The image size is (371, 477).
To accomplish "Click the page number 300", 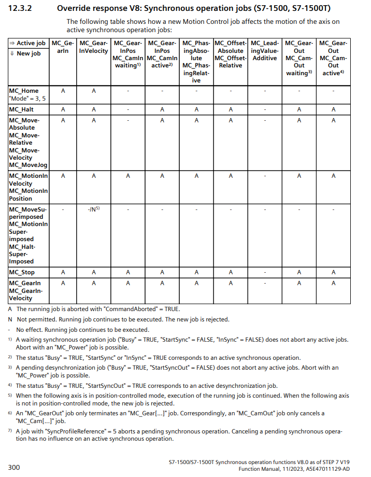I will [14, 468].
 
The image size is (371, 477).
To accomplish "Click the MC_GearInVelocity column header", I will [94, 47].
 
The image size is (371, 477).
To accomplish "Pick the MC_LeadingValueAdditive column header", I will [264, 51].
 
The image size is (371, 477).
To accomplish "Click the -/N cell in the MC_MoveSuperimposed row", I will [93, 209].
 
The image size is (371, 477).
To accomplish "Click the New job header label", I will [27, 53].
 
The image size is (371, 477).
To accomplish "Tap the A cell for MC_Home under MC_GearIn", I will [63, 91].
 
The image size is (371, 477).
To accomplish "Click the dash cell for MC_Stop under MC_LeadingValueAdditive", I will [264, 272].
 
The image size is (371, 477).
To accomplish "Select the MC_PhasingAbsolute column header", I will [196, 62].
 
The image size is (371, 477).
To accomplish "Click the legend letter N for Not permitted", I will [10, 319].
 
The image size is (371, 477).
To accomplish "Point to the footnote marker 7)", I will [10, 430].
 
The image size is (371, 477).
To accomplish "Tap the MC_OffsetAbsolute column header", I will [231, 54].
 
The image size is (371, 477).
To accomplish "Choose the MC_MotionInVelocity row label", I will [28, 187].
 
